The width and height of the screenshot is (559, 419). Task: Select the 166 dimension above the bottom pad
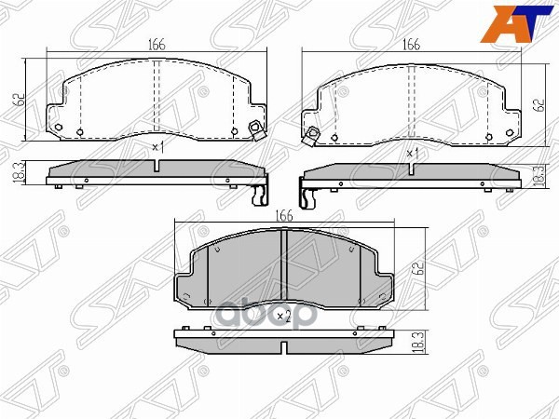point(285,215)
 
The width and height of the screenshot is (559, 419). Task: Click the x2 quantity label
point(285,317)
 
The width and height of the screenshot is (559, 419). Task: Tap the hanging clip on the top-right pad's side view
point(306,195)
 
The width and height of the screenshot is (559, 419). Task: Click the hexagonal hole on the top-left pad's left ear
point(59,128)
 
